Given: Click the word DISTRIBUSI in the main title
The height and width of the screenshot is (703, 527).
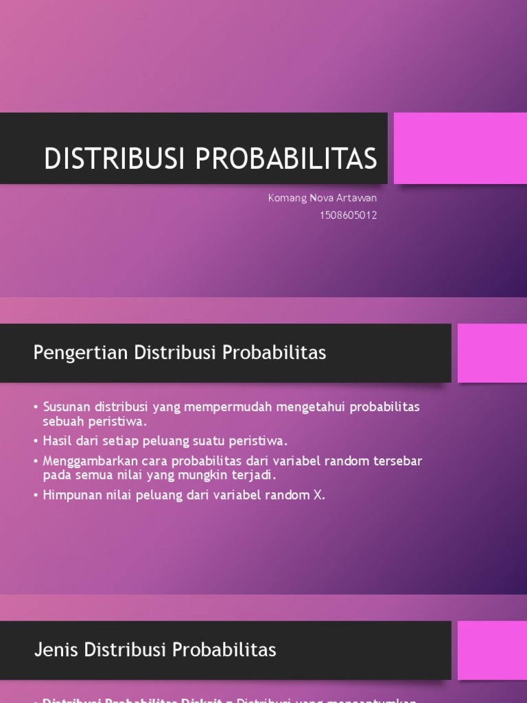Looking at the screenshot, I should coord(115,159).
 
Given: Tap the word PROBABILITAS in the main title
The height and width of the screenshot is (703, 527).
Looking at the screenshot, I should coord(286,159).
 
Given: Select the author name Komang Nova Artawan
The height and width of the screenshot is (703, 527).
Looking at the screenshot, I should coord(322,198).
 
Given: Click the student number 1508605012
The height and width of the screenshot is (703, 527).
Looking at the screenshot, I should coord(348,215).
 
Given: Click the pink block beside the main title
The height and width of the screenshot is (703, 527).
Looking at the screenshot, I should coord(460,148).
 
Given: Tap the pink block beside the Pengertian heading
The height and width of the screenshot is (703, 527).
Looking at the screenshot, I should coord(492,353).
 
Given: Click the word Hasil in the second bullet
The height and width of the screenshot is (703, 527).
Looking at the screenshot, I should coord(58,441).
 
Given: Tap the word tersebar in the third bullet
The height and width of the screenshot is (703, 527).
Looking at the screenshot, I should coord(398,461).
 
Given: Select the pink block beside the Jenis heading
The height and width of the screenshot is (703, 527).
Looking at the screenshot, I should coord(492,649).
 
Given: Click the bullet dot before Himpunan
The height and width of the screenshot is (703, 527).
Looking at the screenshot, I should coord(36,496).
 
